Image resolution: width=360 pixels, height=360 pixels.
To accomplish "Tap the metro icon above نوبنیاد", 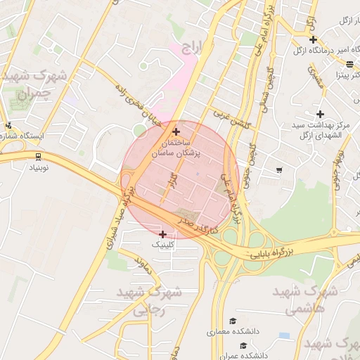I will (37, 156).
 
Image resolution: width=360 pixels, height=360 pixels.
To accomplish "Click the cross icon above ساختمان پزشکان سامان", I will (176, 131).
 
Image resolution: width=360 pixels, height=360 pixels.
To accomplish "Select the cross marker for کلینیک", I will (163, 233).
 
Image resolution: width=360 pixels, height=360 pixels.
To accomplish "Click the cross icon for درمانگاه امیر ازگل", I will (313, 39).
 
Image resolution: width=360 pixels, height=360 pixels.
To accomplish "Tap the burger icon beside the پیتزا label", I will (350, 65).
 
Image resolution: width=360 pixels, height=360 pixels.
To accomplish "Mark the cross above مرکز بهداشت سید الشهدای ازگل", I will (320, 113).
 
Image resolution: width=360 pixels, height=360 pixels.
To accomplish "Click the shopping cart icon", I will (279, 169).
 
